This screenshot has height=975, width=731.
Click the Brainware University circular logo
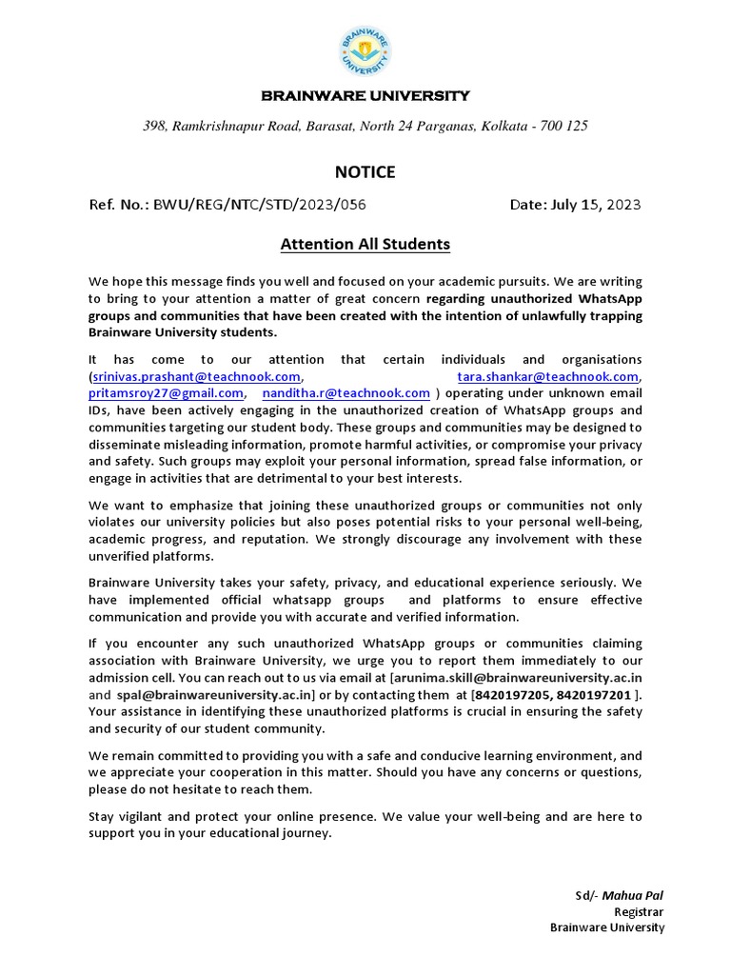pyautogui.click(x=365, y=51)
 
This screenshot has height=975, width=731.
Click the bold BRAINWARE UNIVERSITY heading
pyautogui.click(x=365, y=95)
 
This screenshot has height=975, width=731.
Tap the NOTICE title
pyautogui.click(x=365, y=172)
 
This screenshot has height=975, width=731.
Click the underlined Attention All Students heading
pyautogui.click(x=365, y=245)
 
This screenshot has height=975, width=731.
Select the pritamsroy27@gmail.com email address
pyautogui.click(x=167, y=392)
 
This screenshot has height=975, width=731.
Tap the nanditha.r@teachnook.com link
pyautogui.click(x=346, y=392)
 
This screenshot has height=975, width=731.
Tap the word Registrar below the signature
pyautogui.click(x=639, y=911)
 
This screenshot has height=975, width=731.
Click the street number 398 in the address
pyautogui.click(x=153, y=127)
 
